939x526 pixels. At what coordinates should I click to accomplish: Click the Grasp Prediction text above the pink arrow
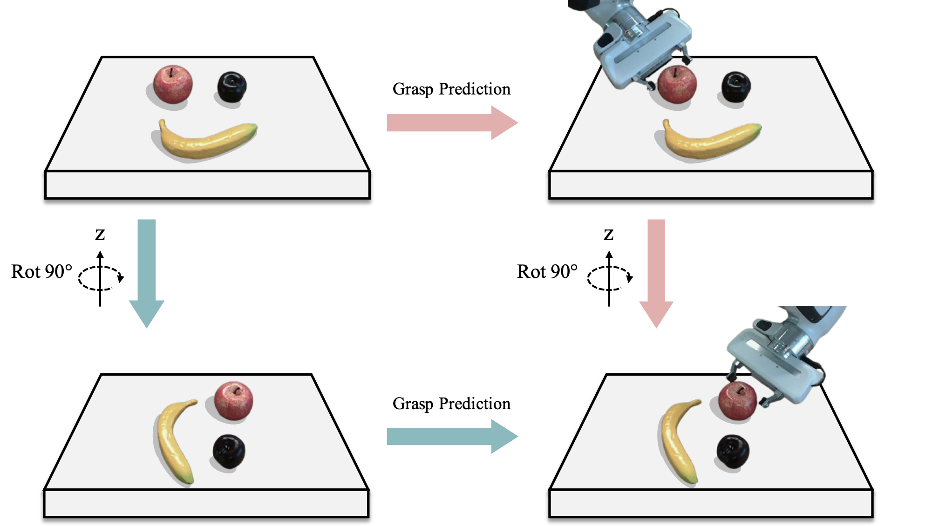[451, 89]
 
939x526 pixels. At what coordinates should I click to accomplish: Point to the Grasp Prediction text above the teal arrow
[451, 404]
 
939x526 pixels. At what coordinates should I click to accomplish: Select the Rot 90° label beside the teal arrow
[42, 272]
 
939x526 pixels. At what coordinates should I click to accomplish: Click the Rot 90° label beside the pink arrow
[547, 272]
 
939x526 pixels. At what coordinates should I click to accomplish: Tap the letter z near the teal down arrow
[100, 234]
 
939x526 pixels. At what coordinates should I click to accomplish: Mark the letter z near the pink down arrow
[609, 234]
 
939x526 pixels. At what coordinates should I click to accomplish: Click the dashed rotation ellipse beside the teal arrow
[100, 278]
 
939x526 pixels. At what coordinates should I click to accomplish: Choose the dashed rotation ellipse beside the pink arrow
[609, 278]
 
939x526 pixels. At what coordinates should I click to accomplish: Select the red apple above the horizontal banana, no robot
[173, 84]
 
